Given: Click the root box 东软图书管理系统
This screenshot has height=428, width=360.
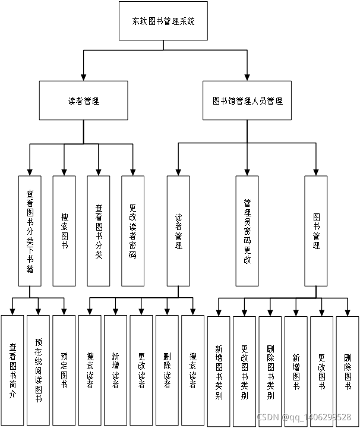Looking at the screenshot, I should coord(163,21).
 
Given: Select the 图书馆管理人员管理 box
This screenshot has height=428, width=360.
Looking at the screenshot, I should coord(248,100).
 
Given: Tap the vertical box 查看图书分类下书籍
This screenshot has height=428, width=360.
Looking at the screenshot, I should coord(30,230).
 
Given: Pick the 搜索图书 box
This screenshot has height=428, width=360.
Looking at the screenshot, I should coord(64,230).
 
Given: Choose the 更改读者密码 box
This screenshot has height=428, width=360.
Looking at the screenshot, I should coord(132,230).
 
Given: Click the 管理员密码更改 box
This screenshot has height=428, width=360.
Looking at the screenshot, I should coord(247,230).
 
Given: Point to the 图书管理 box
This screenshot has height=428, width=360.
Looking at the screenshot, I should coord(316,230).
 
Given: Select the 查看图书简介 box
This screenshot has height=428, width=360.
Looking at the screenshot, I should coord(12,370).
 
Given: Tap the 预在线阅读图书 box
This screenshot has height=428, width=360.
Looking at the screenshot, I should coord(38,370).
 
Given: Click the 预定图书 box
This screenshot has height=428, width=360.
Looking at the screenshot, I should coord(64,370).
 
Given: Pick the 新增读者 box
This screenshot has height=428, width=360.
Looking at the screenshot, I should coord(115,370).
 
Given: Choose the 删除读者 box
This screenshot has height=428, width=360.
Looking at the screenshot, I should coord(167,370).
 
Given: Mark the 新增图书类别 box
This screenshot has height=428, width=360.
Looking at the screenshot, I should coord(219,370).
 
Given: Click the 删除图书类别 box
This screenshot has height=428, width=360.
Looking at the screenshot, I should coord(270,370).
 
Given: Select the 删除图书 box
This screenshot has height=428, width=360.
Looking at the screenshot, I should coord(348,370).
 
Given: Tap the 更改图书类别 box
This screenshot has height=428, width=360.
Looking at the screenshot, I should coord(244,370).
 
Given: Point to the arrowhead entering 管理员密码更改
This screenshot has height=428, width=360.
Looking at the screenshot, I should coord(247,171).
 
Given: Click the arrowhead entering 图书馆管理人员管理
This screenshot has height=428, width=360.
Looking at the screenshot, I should coord(247,77).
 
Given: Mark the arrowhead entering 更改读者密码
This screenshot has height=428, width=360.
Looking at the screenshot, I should coord(132,171).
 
